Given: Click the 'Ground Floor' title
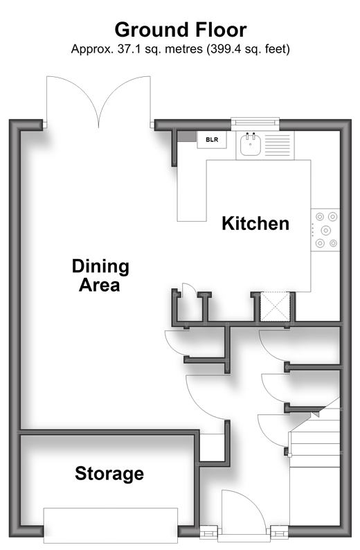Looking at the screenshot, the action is click(x=181, y=30).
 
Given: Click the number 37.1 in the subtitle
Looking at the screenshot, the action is click(x=129, y=48).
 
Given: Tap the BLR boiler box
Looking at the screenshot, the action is click(x=212, y=140).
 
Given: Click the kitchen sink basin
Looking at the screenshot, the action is click(x=251, y=144).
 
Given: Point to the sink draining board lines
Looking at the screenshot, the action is click(x=278, y=145).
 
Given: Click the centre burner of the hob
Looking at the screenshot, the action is click(x=326, y=230).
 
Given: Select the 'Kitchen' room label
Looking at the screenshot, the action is click(x=255, y=224).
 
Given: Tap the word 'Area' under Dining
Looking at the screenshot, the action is click(x=100, y=285).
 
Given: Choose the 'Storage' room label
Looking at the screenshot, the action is click(x=109, y=474).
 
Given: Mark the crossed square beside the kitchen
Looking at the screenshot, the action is click(x=275, y=308).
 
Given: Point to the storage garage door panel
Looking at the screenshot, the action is click(x=110, y=526).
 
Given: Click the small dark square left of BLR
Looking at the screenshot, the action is click(x=187, y=136).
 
